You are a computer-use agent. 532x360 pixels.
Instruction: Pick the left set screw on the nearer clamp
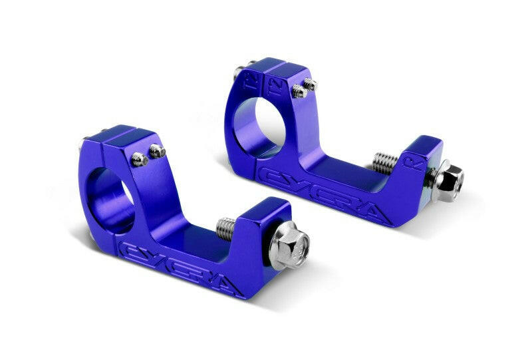[140, 158]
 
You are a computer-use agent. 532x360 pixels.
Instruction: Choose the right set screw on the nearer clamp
[157, 151]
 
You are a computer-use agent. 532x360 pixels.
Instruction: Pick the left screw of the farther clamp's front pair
[299, 91]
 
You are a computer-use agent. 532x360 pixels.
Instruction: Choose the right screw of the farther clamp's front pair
[309, 85]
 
